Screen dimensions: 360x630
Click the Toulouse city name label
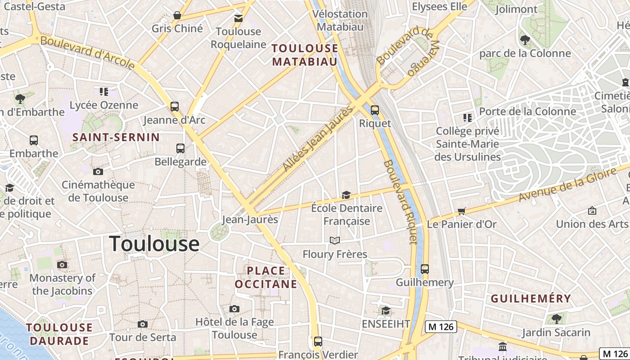pyautogui.click(x=154, y=243)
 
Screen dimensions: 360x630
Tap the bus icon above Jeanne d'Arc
pyautogui.click(x=175, y=107)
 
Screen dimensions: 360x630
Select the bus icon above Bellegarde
pyautogui.click(x=180, y=148)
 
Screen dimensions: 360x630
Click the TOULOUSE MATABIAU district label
pyautogui.click(x=305, y=55)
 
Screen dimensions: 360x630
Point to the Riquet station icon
pyautogui.click(x=374, y=110)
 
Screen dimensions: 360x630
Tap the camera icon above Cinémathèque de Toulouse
pyautogui.click(x=98, y=171)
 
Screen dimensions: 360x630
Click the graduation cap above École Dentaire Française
pyautogui.click(x=346, y=195)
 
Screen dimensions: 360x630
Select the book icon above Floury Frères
pyautogui.click(x=334, y=240)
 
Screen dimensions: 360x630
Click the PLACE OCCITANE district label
pyautogui.click(x=266, y=277)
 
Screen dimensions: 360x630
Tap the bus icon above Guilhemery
pyautogui.click(x=425, y=269)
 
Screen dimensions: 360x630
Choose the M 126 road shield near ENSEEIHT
pyautogui.click(x=441, y=327)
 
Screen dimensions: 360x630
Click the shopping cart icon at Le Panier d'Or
pyautogui.click(x=461, y=211)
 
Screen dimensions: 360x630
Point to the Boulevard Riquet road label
pyautogui.click(x=400, y=202)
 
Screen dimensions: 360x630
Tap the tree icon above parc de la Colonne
pyautogui.click(x=525, y=40)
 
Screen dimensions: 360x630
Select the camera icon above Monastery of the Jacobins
pyautogui.click(x=62, y=265)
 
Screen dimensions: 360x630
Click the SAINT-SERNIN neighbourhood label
pyautogui.click(x=116, y=137)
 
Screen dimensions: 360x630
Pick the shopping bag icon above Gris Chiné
pyautogui.click(x=177, y=15)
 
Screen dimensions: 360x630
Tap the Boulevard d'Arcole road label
pyautogui.click(x=88, y=53)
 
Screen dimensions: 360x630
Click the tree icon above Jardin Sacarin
pyautogui.click(x=556, y=319)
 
